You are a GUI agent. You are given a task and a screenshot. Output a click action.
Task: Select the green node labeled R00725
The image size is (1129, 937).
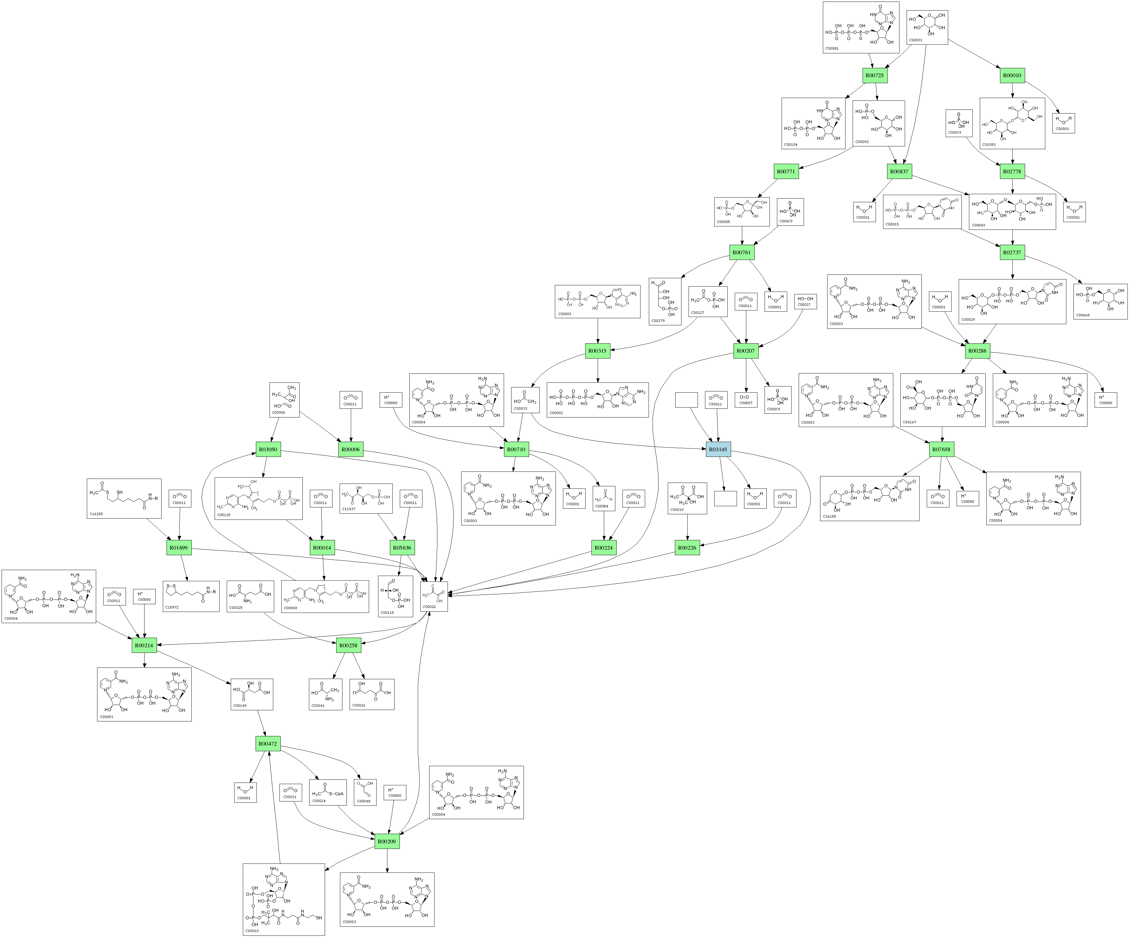[874, 75]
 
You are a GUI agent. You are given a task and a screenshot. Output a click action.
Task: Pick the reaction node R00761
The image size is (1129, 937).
[741, 252]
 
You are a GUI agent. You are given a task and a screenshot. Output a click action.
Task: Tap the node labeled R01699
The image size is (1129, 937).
[178, 548]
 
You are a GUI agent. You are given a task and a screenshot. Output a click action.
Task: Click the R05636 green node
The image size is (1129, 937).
[402, 548]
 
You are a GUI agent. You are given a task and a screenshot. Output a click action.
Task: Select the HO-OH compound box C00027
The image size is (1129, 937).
[804, 301]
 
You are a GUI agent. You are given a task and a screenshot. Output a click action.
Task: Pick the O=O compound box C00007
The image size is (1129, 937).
[746, 399]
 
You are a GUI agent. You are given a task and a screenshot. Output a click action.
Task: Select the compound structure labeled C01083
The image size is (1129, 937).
[1012, 123]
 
